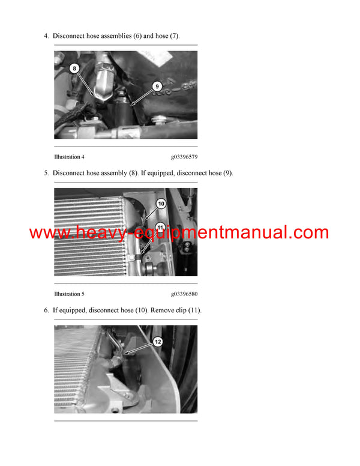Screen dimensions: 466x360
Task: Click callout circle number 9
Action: pyautogui.click(x=157, y=86)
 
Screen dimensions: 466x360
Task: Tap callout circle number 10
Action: pyautogui.click(x=161, y=204)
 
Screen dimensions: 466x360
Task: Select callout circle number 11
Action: pyautogui.click(x=160, y=227)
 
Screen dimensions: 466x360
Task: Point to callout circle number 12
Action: pyautogui.click(x=158, y=342)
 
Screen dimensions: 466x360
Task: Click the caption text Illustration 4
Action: pyautogui.click(x=69, y=157)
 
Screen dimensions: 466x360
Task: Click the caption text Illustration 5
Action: pyautogui.click(x=69, y=294)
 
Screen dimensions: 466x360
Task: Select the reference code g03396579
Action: pyautogui.click(x=184, y=157)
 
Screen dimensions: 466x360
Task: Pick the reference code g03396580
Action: pyautogui.click(x=184, y=294)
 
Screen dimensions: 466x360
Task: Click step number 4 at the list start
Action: pyautogui.click(x=46, y=36)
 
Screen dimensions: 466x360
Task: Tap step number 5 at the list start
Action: pyautogui.click(x=46, y=174)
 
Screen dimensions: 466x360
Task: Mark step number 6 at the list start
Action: pyautogui.click(x=46, y=310)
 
